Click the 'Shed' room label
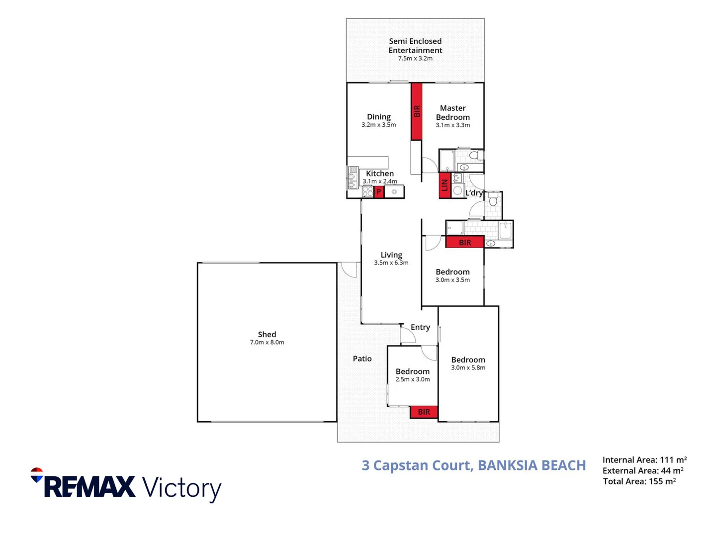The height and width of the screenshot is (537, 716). (x=267, y=334)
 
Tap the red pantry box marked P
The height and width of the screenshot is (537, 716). (x=378, y=192)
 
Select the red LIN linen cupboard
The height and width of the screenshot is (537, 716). (x=445, y=185)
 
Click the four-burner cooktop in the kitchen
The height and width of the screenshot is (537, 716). (x=367, y=191)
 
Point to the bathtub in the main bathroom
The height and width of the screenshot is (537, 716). (x=505, y=230)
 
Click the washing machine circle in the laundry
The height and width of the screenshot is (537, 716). (x=457, y=191)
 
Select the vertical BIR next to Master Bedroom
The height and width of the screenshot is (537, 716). (x=417, y=111)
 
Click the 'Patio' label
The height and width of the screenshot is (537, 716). (x=362, y=358)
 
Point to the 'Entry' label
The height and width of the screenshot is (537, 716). (x=420, y=327)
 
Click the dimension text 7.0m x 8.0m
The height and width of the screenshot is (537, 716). (x=267, y=343)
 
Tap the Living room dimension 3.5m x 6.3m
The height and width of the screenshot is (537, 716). (x=391, y=263)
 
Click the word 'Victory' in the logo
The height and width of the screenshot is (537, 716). (x=182, y=489)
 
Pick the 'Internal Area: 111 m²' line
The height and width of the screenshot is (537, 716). (x=644, y=460)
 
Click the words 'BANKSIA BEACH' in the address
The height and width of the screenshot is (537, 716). (x=532, y=465)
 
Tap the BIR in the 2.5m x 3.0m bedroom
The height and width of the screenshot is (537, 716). (x=424, y=412)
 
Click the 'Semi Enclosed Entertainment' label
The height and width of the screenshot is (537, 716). (x=415, y=46)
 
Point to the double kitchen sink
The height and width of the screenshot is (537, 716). (x=353, y=178)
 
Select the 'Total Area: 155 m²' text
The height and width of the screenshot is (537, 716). (x=639, y=481)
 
